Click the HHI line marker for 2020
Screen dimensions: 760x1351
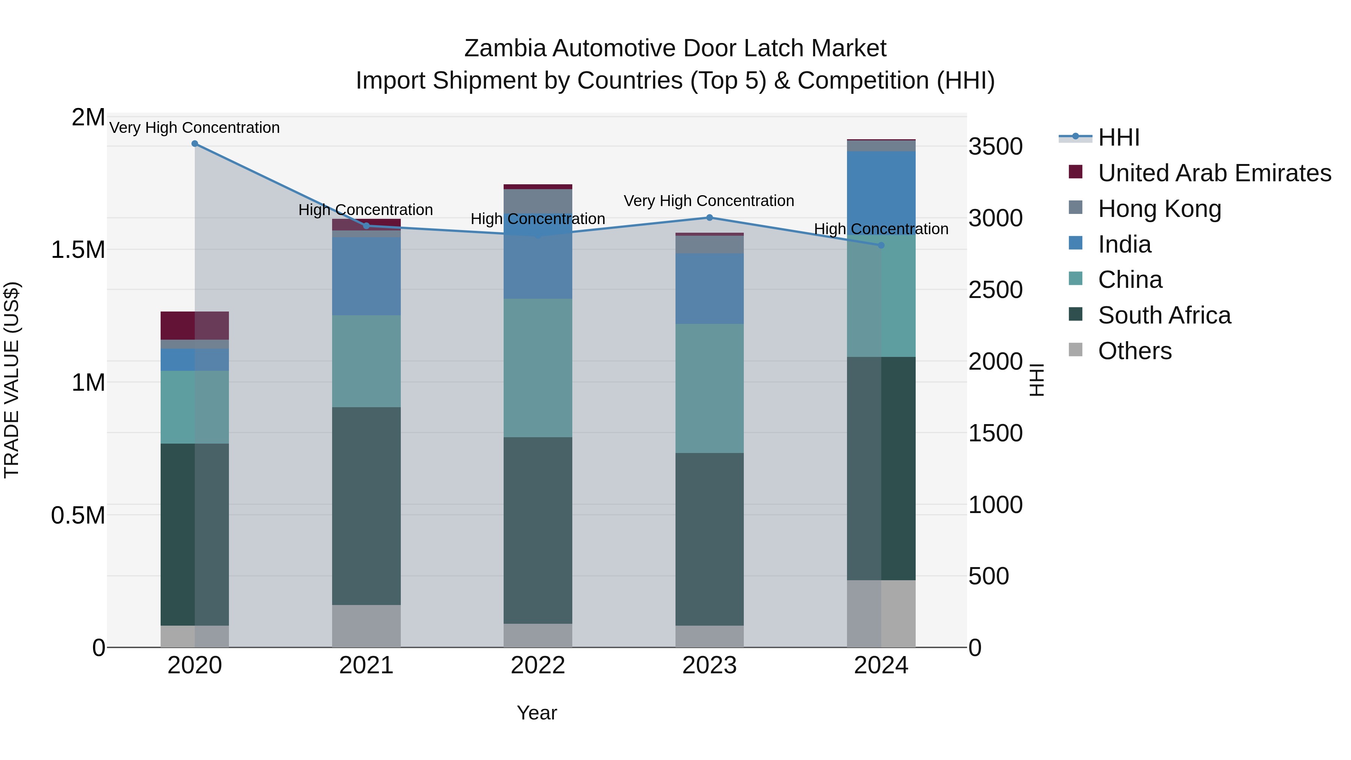point(194,144)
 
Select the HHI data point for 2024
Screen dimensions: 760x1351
point(881,245)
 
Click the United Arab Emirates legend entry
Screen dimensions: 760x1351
point(1214,173)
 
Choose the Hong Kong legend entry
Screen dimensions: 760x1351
point(1159,209)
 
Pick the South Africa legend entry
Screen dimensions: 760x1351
point(1164,316)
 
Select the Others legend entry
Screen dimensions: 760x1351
point(1134,351)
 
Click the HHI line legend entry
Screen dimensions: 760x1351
point(1118,137)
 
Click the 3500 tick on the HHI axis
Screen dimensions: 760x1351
point(995,147)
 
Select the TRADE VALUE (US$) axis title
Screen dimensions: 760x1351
point(12,380)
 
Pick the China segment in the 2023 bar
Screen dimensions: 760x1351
point(709,388)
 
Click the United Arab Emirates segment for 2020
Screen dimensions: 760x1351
point(194,326)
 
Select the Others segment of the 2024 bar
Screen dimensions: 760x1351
point(881,613)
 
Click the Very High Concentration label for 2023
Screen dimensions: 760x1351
point(709,201)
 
